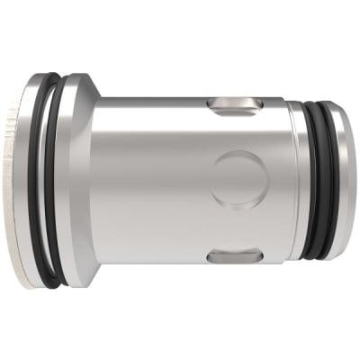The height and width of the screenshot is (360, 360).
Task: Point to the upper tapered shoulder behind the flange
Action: coord(95,90)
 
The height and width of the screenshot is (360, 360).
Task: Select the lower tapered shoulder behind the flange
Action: coord(95,270)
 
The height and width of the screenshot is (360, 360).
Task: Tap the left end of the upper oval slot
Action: coord(213,105)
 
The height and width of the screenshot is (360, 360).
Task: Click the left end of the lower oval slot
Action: coord(213,258)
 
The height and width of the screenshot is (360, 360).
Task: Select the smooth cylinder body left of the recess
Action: coord(153,180)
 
